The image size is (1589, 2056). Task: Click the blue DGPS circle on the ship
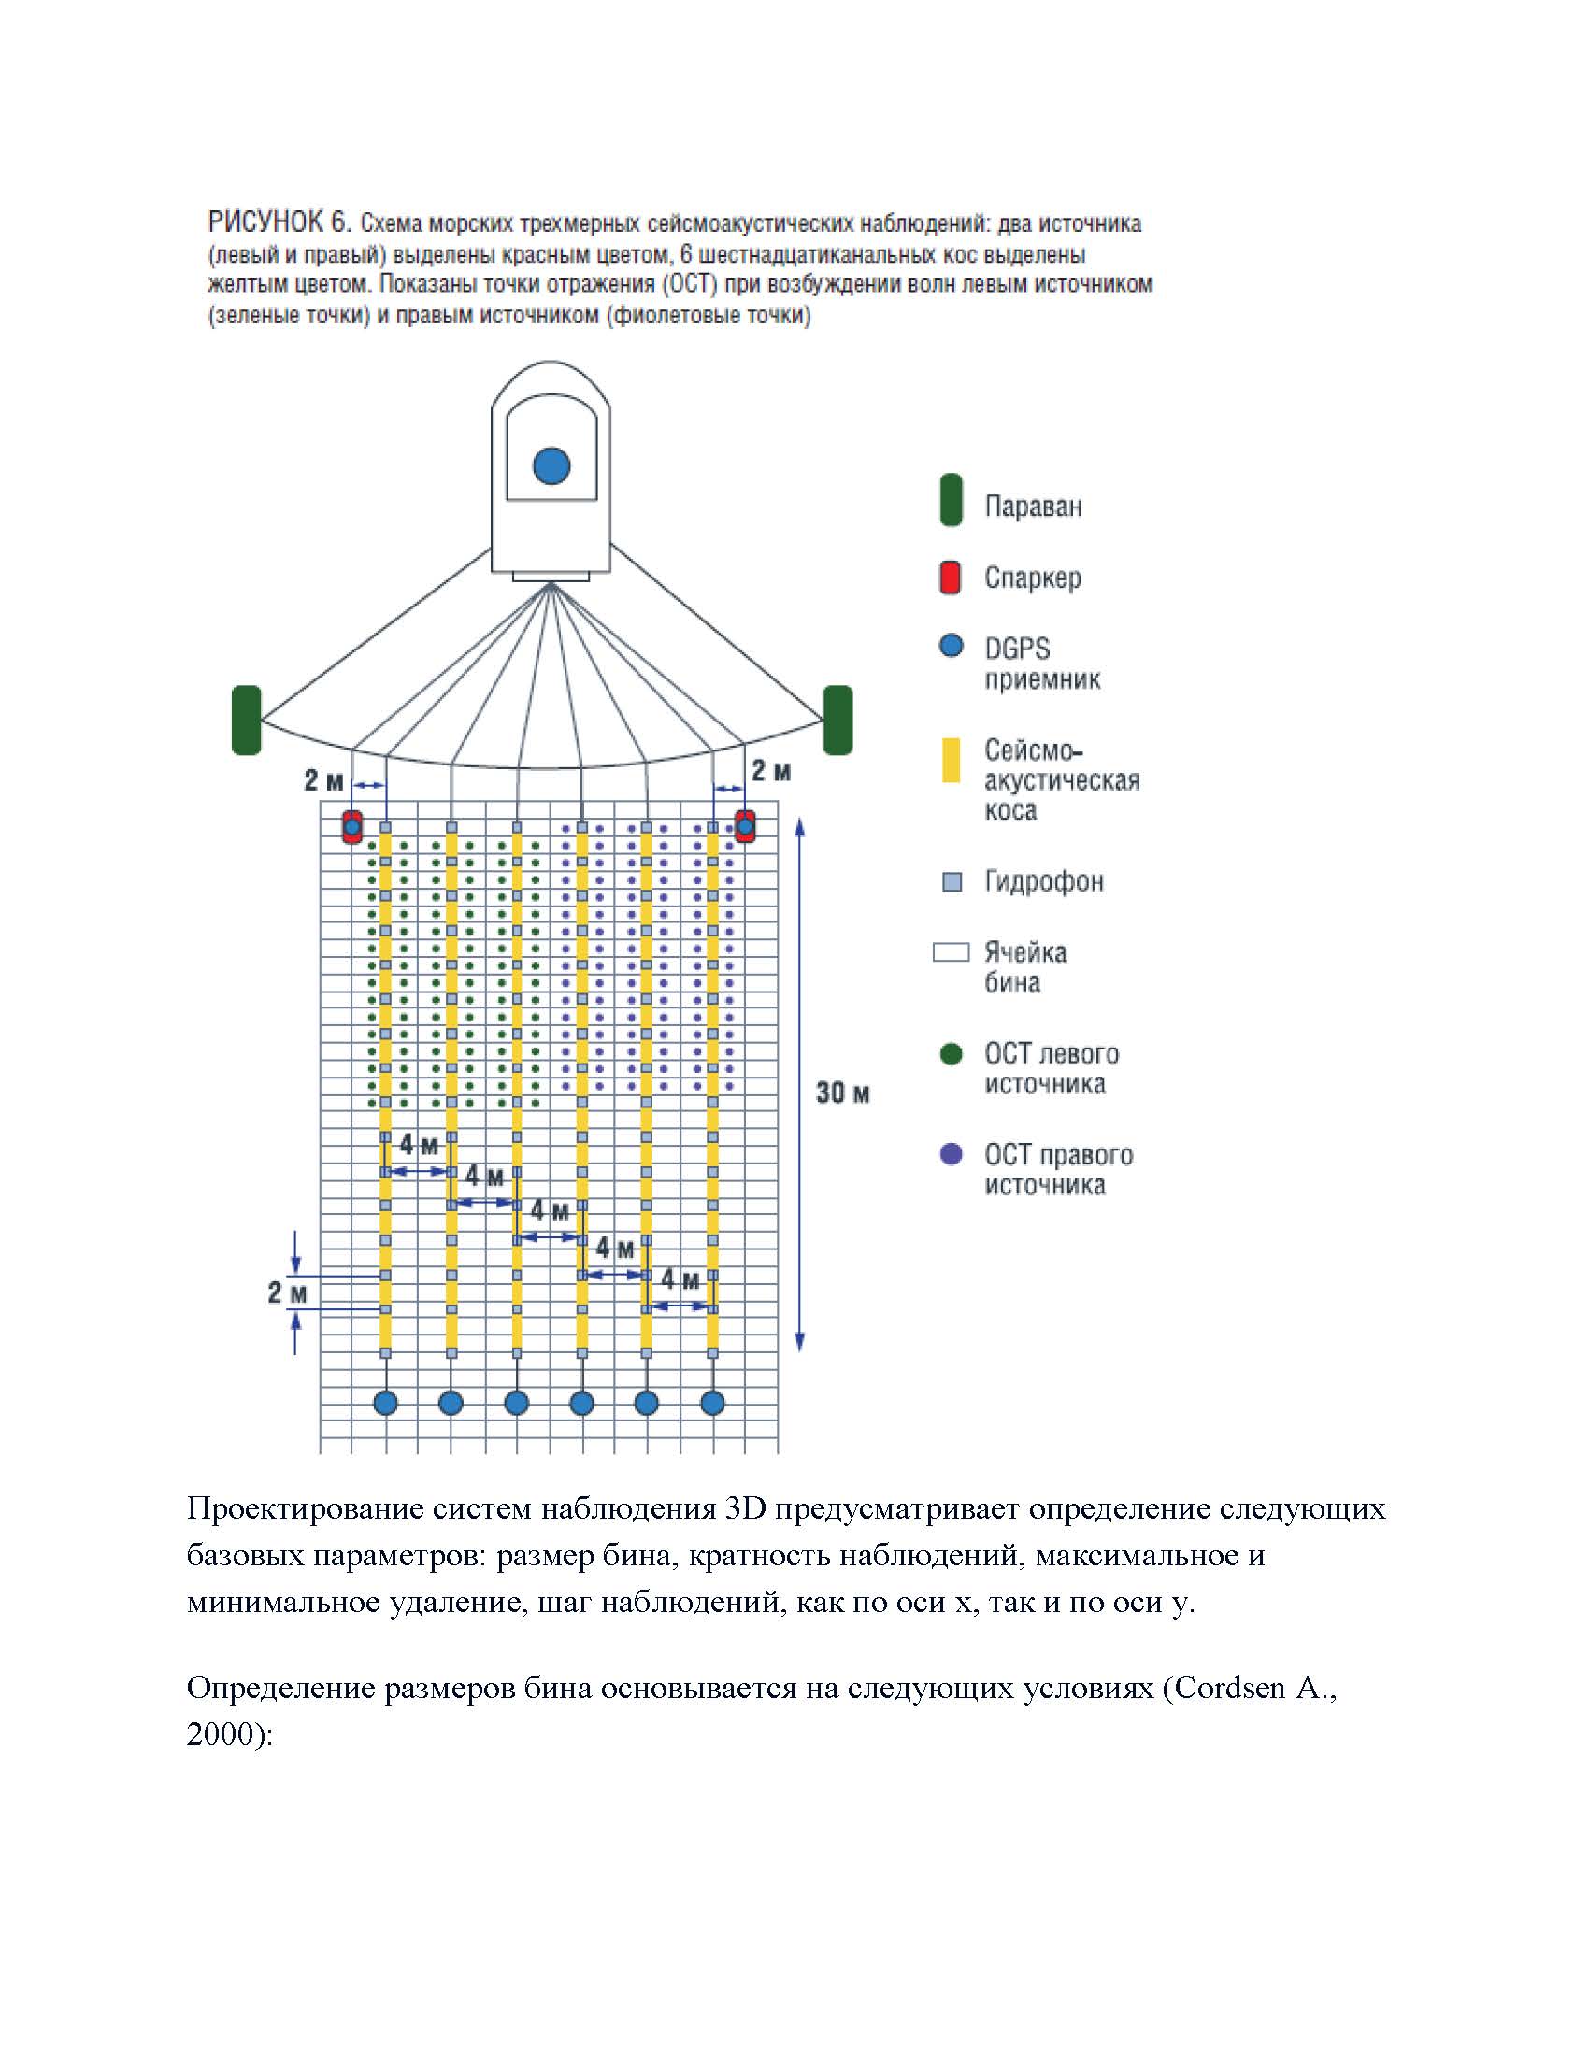click(551, 465)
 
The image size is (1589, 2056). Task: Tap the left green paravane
click(246, 720)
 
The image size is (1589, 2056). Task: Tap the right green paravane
click(837, 720)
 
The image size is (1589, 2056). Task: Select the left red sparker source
click(352, 826)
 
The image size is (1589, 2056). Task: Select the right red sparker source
click(745, 826)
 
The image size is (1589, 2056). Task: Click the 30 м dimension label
click(842, 1093)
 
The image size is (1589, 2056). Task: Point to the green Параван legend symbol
click(951, 500)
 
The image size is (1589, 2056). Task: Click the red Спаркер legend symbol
click(951, 577)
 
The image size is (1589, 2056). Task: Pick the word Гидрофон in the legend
click(1043, 881)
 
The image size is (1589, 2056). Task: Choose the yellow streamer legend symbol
click(952, 761)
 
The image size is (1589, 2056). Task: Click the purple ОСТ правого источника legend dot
click(952, 1154)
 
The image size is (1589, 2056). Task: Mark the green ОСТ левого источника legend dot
click(952, 1053)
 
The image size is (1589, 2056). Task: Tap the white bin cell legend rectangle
click(951, 952)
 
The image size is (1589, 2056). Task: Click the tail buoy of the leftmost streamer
click(386, 1404)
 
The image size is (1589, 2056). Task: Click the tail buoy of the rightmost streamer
click(712, 1404)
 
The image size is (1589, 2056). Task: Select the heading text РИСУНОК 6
click(279, 223)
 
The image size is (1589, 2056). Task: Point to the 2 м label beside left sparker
click(323, 780)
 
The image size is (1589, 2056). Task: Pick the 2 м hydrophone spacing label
click(287, 1292)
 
